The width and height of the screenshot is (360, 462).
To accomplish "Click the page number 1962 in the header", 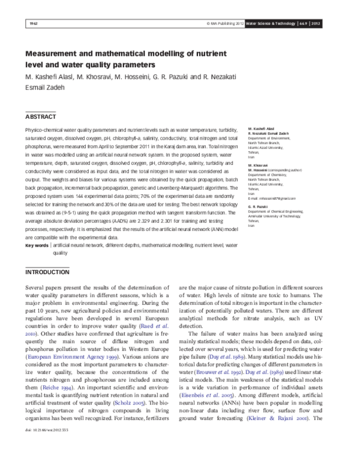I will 32,24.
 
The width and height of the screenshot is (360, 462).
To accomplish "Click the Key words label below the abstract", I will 37,245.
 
